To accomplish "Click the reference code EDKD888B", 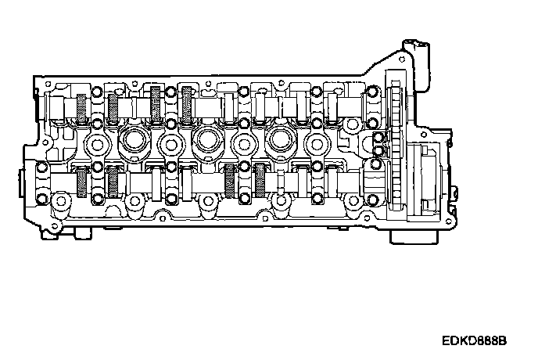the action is [x=474, y=340].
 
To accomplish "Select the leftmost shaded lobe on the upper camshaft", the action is [x=81, y=108].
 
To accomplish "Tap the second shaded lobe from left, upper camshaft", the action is [x=113, y=108].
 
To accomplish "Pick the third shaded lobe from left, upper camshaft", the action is [x=156, y=104].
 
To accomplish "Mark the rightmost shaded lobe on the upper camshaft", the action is [x=187, y=104].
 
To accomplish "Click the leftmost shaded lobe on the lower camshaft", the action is [x=81, y=182].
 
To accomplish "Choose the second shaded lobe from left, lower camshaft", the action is [x=113, y=182].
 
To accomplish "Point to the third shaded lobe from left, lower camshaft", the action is [x=230, y=181].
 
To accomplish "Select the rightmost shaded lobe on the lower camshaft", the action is [x=260, y=181].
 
